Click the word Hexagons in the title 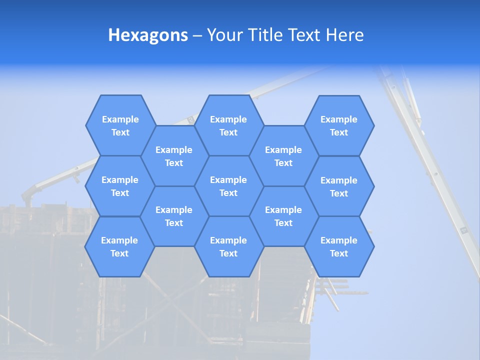(x=148, y=35)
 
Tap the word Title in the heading (x=265, y=35)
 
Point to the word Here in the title (x=345, y=35)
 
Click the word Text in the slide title (x=305, y=35)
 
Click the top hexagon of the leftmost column (x=120, y=125)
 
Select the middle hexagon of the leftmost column (x=120, y=186)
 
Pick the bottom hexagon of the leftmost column (x=120, y=246)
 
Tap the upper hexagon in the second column (x=174, y=156)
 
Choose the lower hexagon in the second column (x=174, y=216)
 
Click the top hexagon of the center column (x=228, y=125)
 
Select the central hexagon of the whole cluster (x=228, y=186)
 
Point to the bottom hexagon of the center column (x=228, y=246)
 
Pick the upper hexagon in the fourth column (x=283, y=156)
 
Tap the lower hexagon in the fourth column (x=283, y=216)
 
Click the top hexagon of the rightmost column (x=339, y=125)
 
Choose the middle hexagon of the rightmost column (x=339, y=186)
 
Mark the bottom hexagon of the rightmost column (x=339, y=246)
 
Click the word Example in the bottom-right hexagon (x=339, y=240)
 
